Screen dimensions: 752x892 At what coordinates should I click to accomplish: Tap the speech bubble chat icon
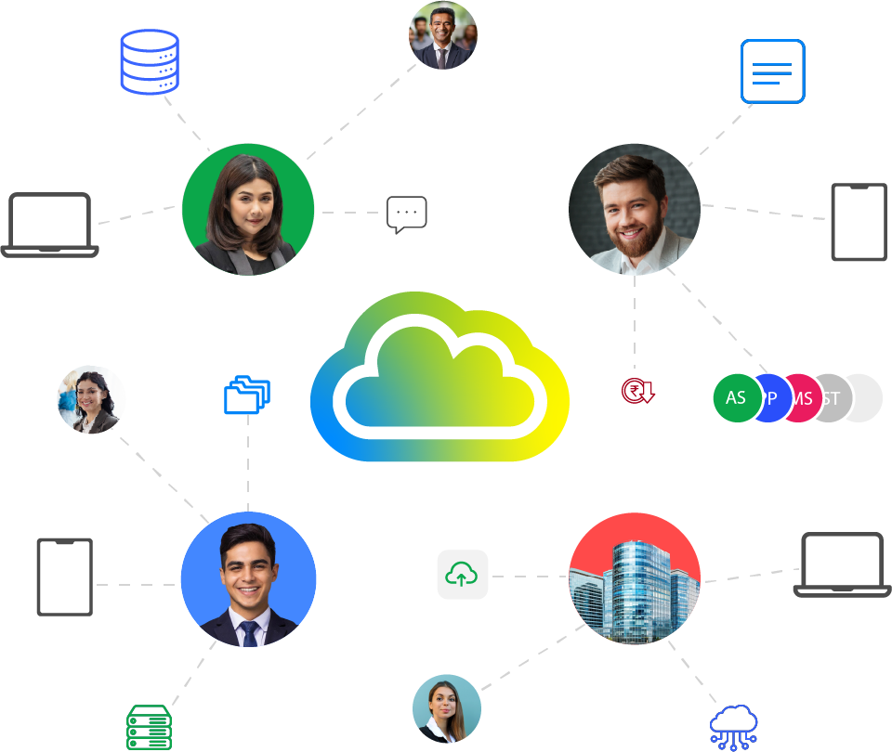pyautogui.click(x=406, y=214)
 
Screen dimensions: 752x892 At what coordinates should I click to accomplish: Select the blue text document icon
pyautogui.click(x=772, y=71)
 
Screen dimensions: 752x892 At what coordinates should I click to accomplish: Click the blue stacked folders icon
pyautogui.click(x=247, y=395)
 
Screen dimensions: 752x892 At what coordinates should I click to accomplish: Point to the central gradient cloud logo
pyautogui.click(x=439, y=379)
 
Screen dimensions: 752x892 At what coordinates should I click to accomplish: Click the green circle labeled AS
pyautogui.click(x=736, y=398)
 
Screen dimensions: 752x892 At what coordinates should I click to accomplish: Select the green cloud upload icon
pyautogui.click(x=462, y=576)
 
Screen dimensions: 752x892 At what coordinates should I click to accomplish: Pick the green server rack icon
pyautogui.click(x=149, y=728)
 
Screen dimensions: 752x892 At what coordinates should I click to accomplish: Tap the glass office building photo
pyautogui.click(x=635, y=577)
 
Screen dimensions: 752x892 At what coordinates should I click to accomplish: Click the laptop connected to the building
pyautogui.click(x=842, y=564)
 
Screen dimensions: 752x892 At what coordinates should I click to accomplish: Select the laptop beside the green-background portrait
pyautogui.click(x=49, y=225)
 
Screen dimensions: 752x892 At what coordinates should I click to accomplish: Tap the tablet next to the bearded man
pyautogui.click(x=859, y=222)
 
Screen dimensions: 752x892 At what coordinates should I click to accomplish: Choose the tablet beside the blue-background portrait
pyautogui.click(x=64, y=577)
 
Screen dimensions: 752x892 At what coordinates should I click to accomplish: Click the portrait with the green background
pyautogui.click(x=248, y=209)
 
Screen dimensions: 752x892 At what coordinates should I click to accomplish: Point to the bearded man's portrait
pyautogui.click(x=635, y=209)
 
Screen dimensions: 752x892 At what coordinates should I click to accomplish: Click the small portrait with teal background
pyautogui.click(x=447, y=708)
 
